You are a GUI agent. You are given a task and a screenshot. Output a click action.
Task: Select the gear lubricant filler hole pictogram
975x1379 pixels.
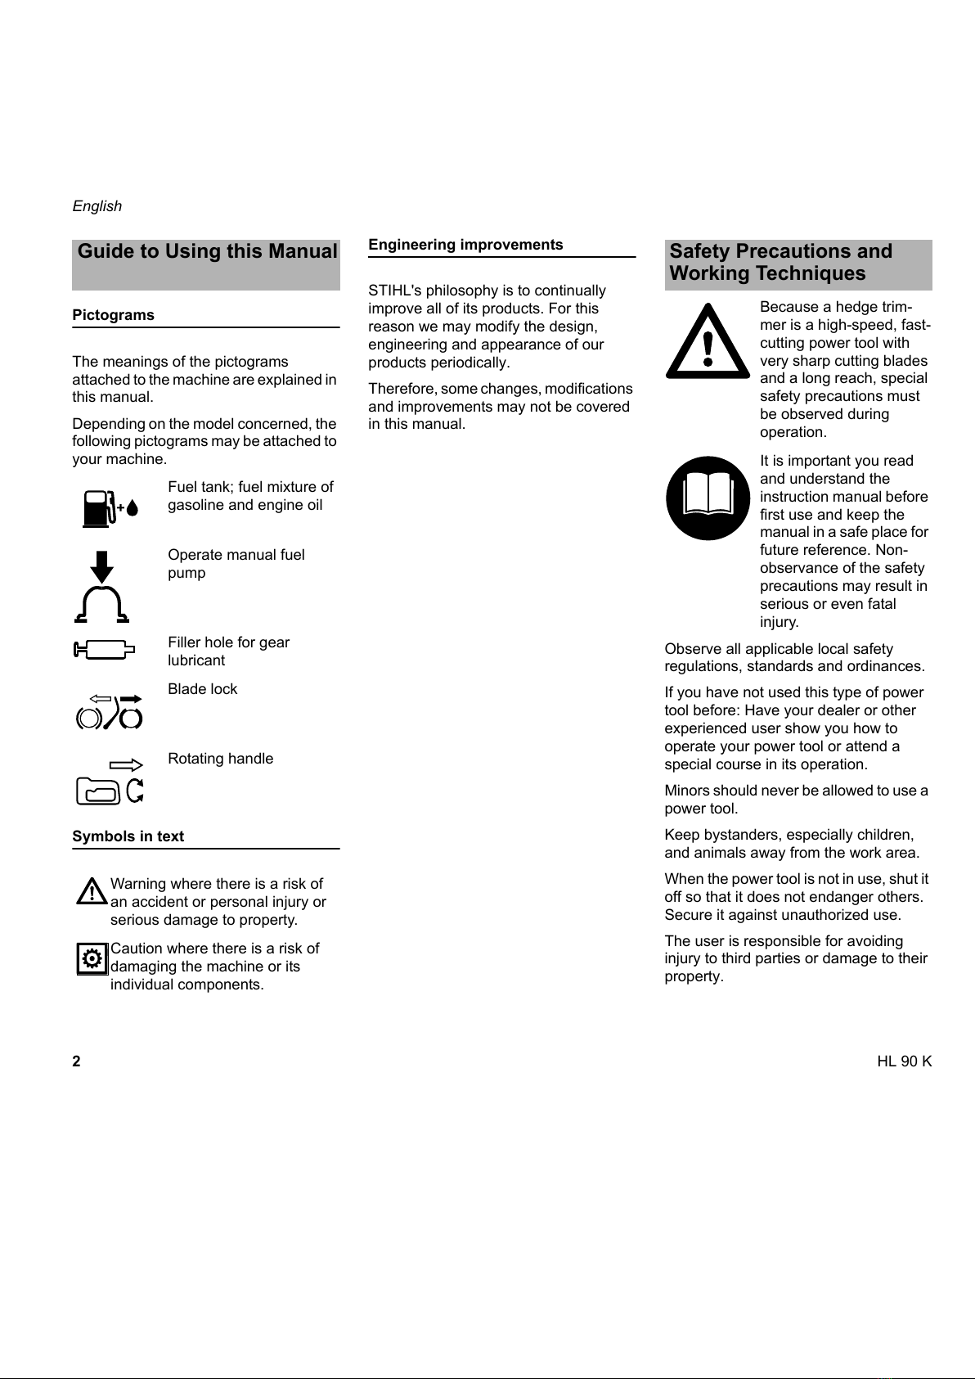pyautogui.click(x=103, y=650)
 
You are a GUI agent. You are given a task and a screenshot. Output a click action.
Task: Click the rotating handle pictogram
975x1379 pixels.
pyautogui.click(x=110, y=781)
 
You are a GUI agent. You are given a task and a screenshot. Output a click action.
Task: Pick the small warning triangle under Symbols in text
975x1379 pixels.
pyautogui.click(x=92, y=892)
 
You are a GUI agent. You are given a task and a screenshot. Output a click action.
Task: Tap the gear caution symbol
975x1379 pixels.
pyautogui.click(x=92, y=958)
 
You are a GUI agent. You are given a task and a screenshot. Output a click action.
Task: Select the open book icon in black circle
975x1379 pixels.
pyautogui.click(x=708, y=498)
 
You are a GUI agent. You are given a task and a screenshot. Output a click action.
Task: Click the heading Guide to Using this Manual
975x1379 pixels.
pyautogui.click(x=207, y=252)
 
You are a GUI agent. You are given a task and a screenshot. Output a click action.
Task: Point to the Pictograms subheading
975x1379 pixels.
pyautogui.click(x=113, y=315)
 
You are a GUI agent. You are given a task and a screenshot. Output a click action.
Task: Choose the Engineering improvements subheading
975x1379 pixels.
pyautogui.click(x=465, y=245)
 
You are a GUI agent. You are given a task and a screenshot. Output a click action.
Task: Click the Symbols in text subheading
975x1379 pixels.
pyautogui.click(x=128, y=836)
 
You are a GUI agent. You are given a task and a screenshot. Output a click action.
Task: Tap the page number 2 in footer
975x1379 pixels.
pyautogui.click(x=76, y=1061)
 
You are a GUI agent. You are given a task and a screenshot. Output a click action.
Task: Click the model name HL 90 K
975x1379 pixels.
pyautogui.click(x=904, y=1061)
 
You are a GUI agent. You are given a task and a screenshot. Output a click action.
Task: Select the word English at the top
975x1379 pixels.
pyautogui.click(x=97, y=206)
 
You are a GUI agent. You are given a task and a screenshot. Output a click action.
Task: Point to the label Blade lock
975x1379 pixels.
pyautogui.click(x=202, y=689)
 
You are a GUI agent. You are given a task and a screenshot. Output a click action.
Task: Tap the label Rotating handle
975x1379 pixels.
pyautogui.click(x=220, y=759)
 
